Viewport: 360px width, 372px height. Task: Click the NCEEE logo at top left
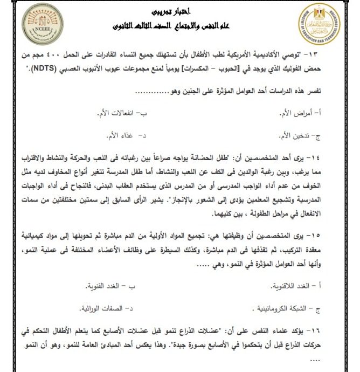[x=40, y=25]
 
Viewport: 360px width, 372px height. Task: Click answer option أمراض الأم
[x=317, y=113]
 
